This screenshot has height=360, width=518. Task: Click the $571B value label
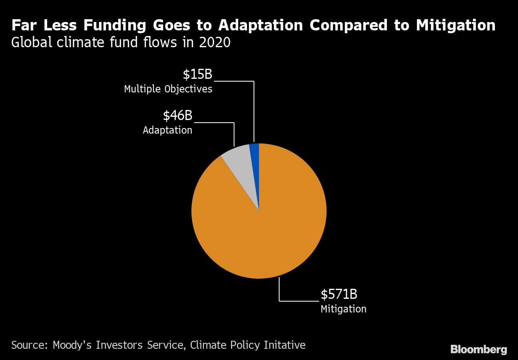point(339,294)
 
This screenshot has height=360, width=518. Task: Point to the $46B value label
point(177,116)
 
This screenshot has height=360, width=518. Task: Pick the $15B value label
point(197,74)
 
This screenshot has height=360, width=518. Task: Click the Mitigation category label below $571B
point(343,309)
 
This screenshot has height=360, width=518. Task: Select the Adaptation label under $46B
point(167,130)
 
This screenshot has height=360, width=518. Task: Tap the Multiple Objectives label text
point(168,89)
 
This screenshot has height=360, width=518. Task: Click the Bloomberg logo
point(478,349)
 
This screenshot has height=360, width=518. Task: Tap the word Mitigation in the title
point(455,25)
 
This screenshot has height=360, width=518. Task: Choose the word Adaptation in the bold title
point(261,25)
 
